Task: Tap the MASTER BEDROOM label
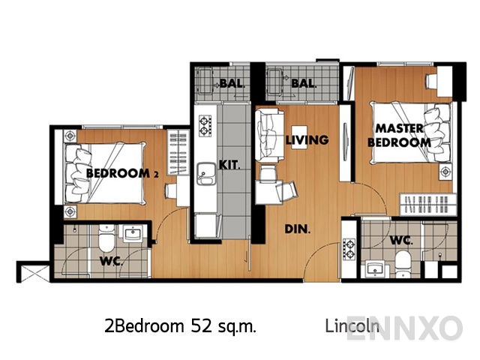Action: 403,135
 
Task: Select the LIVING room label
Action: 307,139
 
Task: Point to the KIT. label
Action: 229,164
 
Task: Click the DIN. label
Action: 298,230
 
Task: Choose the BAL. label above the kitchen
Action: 232,83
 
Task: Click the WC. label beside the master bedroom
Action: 402,241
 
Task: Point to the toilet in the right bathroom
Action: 403,263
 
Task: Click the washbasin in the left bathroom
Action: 133,234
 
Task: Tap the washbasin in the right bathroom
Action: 373,268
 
